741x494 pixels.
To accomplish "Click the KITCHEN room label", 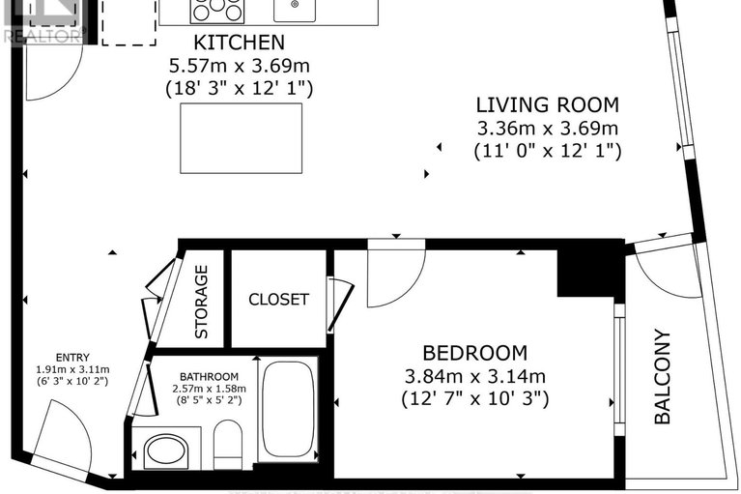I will pos(240,43).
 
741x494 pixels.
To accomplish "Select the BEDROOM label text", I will pos(474,353).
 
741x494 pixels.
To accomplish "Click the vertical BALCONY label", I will pos(663,377).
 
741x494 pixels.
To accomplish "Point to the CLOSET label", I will pos(278,299).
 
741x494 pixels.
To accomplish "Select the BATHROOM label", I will pos(208,376).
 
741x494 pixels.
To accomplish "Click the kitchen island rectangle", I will pos(241,138).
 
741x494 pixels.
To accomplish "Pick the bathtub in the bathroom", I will pos(289,410).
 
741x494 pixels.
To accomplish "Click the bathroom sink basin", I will pos(166,450).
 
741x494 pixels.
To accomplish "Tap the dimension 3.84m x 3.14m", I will pos(474,376).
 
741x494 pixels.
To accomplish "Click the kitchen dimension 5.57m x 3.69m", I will pos(240,66).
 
